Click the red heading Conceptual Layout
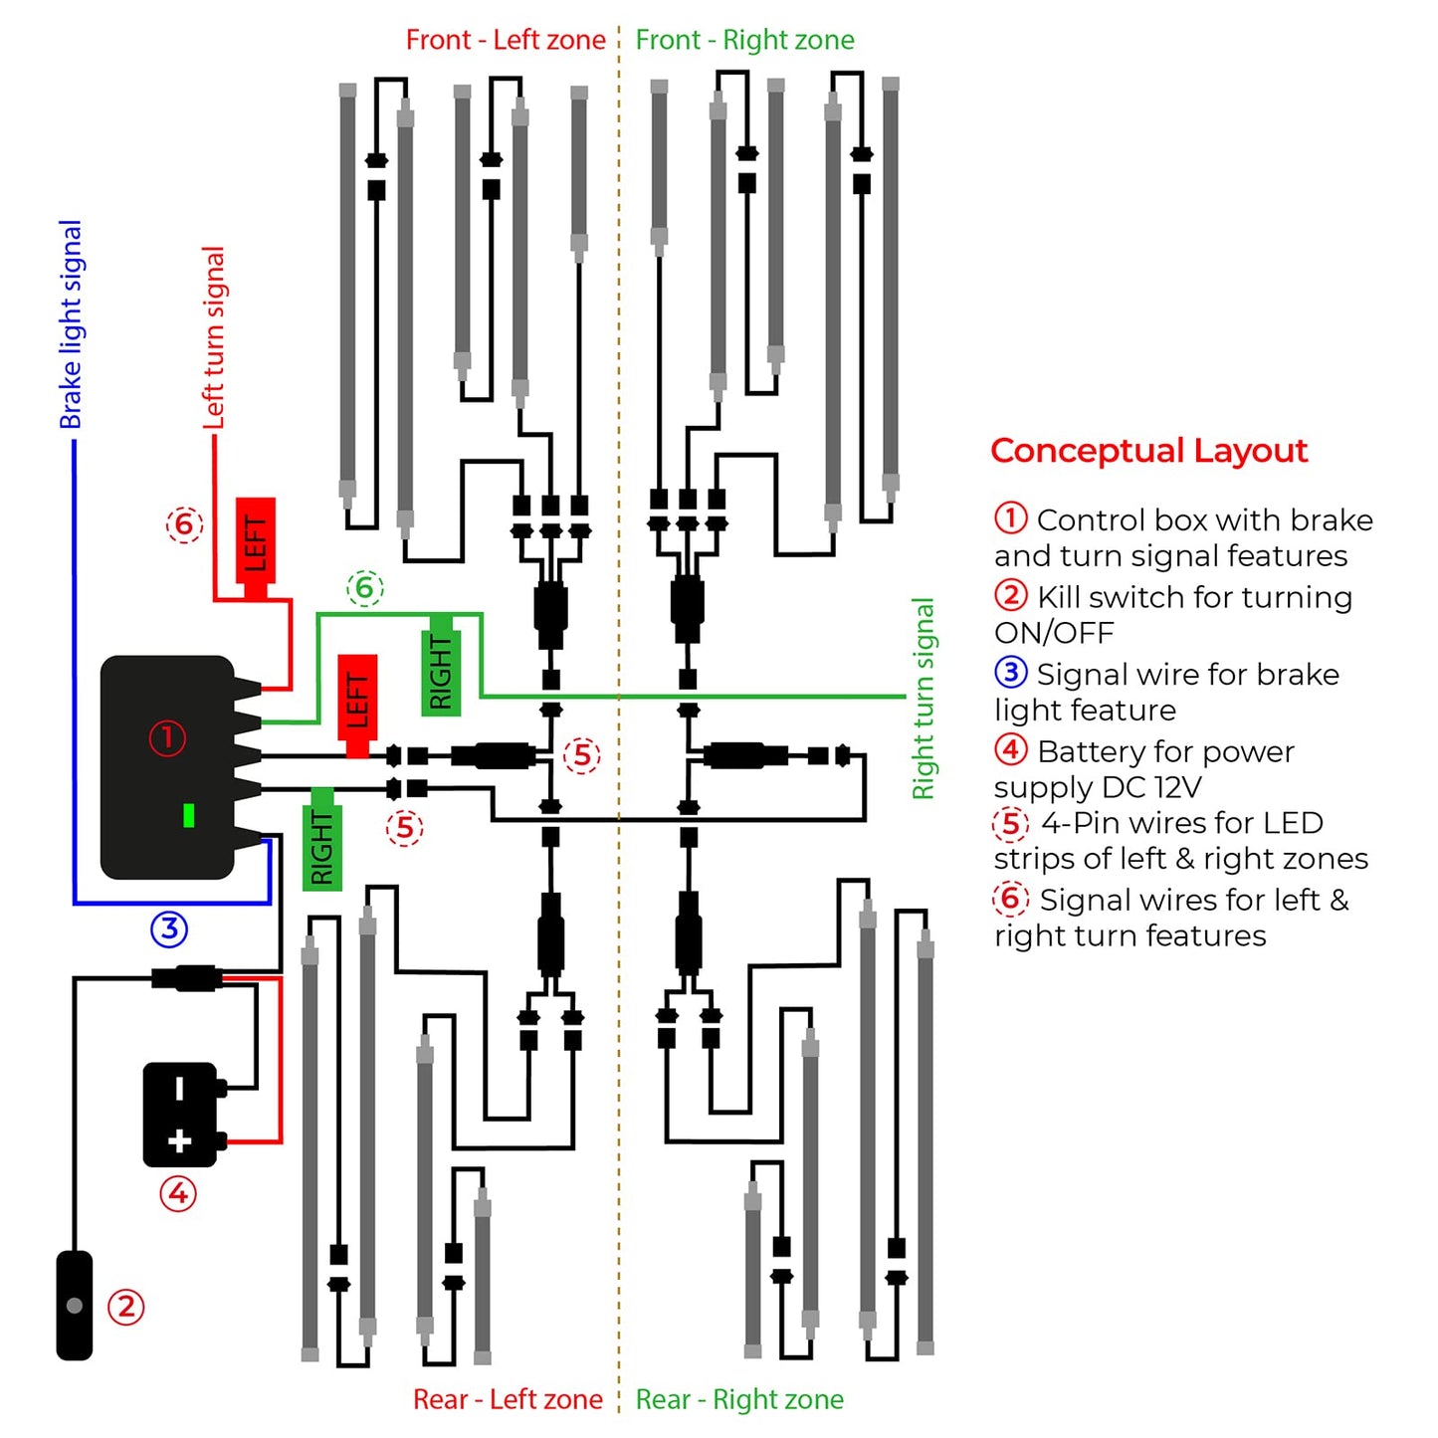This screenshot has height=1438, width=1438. tap(1148, 451)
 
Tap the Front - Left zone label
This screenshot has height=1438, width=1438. tap(506, 40)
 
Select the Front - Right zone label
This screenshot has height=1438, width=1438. tap(744, 40)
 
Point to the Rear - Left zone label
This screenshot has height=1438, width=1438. tap(508, 1399)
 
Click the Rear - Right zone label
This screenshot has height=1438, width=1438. tap(739, 1399)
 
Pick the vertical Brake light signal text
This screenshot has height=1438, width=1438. tap(71, 324)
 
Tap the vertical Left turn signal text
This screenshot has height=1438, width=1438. tap(214, 338)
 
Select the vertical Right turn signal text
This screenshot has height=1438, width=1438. tap(924, 699)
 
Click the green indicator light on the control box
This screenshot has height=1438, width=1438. tap(188, 815)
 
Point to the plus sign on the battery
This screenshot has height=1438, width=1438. tap(179, 1140)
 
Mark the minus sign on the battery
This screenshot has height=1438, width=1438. tap(179, 1088)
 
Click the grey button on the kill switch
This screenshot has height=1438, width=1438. tap(74, 1305)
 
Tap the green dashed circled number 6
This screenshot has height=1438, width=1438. tap(364, 588)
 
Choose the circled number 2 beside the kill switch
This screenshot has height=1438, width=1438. tap(126, 1307)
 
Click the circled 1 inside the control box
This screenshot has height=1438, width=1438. tap(167, 737)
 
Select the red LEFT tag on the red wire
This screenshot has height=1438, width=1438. tap(255, 542)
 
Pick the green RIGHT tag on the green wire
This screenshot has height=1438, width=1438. tap(441, 669)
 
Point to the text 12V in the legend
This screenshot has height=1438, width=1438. tap(1177, 787)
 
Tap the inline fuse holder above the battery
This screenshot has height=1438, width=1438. tap(186, 977)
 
